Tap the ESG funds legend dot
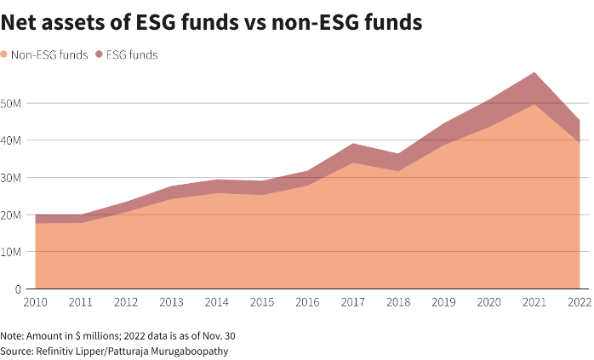coord(99,54)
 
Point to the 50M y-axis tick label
coord(12,103)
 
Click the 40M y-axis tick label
coord(12,140)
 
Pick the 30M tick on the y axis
coord(12,178)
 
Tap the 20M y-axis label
coord(12,214)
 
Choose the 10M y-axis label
coord(12,252)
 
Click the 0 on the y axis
coord(18,289)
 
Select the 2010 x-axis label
coord(36,303)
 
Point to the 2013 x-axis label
coord(172,303)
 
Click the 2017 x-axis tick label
coord(353,303)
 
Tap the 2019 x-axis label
coord(444,303)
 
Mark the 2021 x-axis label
coord(534,303)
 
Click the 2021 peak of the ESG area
coord(534,73)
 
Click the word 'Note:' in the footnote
coord(13,336)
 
